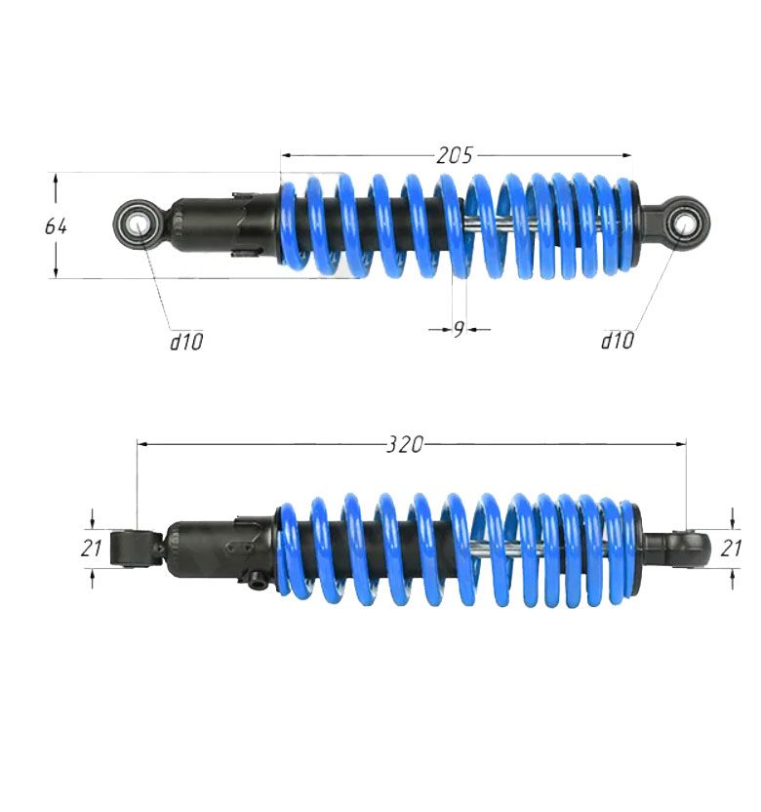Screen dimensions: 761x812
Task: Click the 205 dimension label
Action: coord(454,155)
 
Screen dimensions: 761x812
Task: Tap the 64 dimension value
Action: coord(56,226)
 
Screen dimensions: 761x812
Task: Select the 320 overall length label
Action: coord(405,444)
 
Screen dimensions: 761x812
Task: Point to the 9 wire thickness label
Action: coord(459,329)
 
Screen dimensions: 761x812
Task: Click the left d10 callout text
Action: coord(187,342)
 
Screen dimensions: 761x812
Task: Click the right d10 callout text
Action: coord(617,341)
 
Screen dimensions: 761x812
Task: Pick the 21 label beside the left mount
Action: coord(91,548)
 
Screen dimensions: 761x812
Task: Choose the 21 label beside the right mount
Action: coord(731,548)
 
